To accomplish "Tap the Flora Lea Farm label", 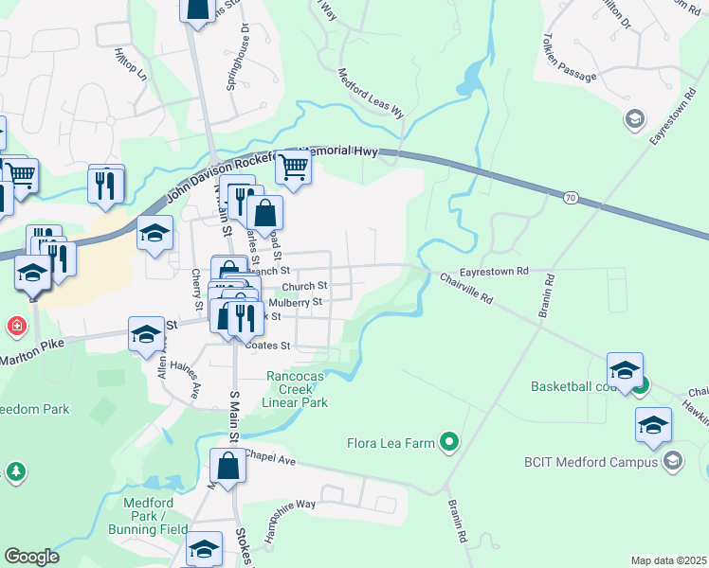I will (x=391, y=442).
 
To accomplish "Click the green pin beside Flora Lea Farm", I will (x=450, y=442).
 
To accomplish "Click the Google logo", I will (x=31, y=556).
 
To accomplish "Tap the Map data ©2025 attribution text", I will (x=668, y=560).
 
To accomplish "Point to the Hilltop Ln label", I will (x=130, y=63).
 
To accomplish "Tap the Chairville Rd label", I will (x=466, y=288).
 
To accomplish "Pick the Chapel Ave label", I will (x=270, y=457).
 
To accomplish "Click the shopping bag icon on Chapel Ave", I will (x=227, y=466).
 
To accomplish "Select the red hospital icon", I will (x=16, y=328).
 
